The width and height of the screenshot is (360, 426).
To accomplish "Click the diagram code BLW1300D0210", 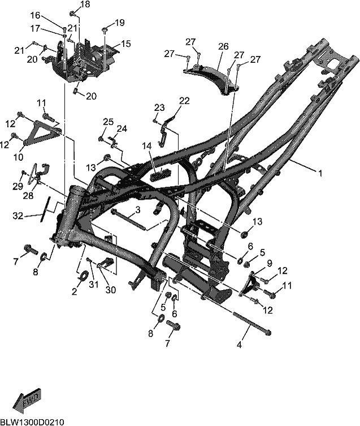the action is [32, 422].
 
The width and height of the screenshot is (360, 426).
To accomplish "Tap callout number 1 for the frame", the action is [320, 173].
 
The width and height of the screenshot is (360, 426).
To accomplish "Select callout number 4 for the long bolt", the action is [239, 345].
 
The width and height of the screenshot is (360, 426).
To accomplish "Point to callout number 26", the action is [223, 46].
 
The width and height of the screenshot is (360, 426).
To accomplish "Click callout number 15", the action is [125, 44].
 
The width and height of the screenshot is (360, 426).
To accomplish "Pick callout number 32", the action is [18, 216].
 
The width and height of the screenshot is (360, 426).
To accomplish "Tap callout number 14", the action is [146, 146].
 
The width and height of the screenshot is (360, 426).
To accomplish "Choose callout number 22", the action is [184, 101].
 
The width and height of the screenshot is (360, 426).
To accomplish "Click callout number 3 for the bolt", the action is [138, 210].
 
